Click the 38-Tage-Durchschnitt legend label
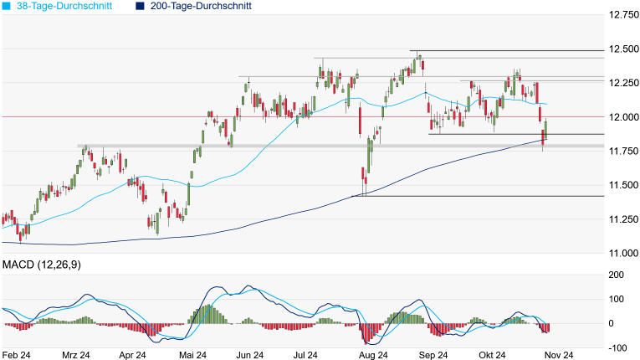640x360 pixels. [67, 6]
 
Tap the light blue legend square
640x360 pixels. [7, 6]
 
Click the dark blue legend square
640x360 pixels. [140, 6]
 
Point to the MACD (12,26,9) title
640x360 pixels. [47, 265]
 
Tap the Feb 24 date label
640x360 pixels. [17, 355]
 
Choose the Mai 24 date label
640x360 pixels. [193, 355]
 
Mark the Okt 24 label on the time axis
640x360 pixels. [494, 355]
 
